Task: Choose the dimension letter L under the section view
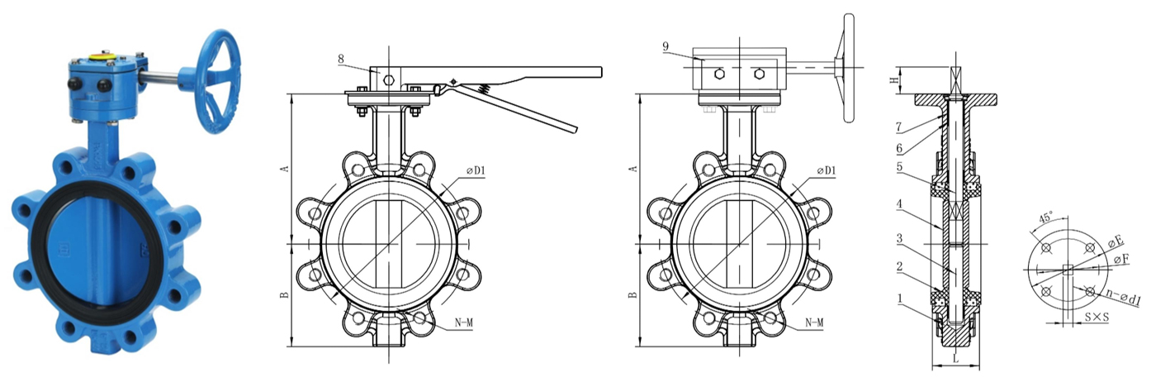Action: pyautogui.click(x=955, y=359)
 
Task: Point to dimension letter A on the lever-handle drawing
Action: pyautogui.click(x=285, y=169)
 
